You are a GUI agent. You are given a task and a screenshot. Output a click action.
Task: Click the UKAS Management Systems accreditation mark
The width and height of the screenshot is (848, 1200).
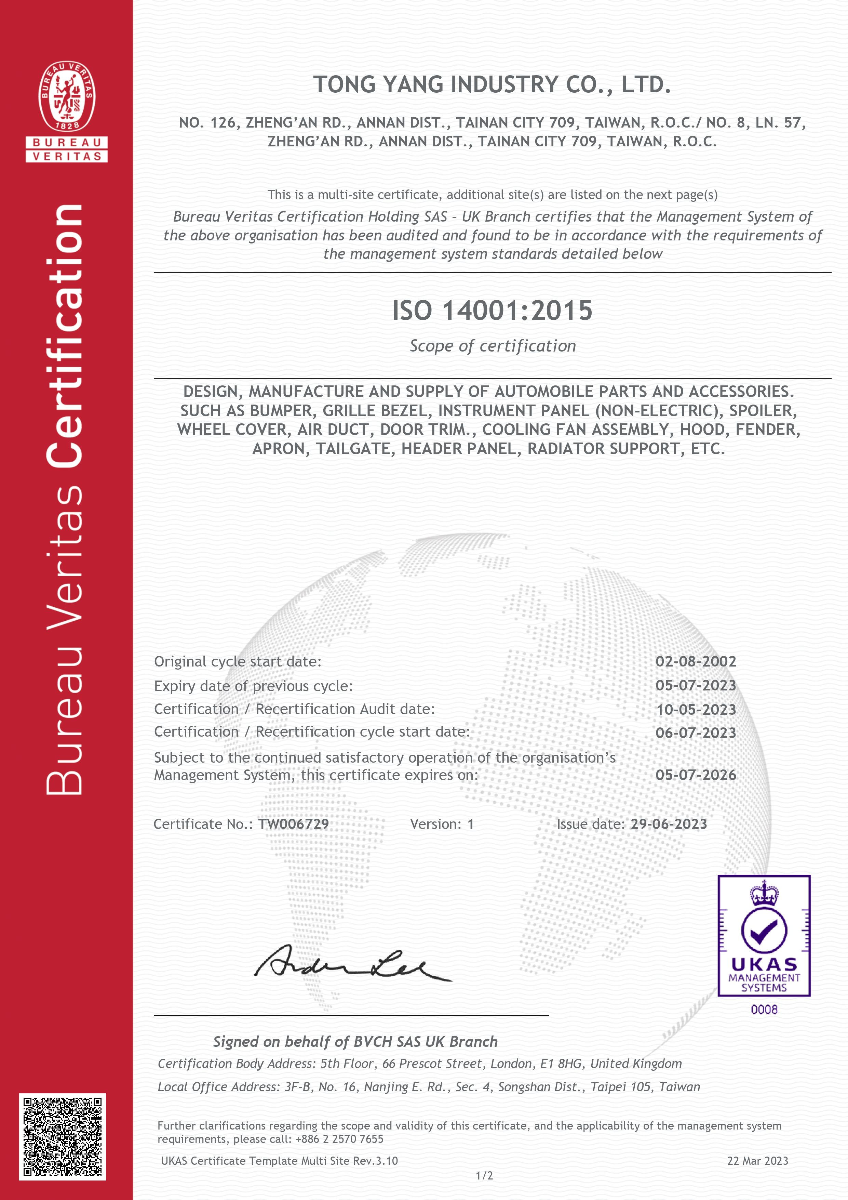tap(764, 936)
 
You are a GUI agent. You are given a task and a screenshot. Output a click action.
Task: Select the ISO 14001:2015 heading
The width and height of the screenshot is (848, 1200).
tap(492, 311)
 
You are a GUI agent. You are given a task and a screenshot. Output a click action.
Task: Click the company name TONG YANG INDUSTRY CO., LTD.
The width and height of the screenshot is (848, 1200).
tap(492, 85)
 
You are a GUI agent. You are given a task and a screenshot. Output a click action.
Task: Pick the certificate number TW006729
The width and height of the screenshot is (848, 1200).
tap(294, 824)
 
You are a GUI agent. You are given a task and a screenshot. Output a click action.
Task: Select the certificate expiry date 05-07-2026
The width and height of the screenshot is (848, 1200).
tap(696, 775)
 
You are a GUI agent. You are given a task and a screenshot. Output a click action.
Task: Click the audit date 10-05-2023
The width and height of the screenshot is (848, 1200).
tap(696, 710)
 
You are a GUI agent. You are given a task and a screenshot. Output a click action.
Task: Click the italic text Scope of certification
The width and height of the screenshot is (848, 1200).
tap(492, 346)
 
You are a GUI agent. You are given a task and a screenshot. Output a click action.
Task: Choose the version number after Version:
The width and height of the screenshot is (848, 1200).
tap(470, 824)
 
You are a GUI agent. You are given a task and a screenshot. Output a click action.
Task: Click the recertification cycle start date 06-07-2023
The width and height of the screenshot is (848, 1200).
tap(696, 733)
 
